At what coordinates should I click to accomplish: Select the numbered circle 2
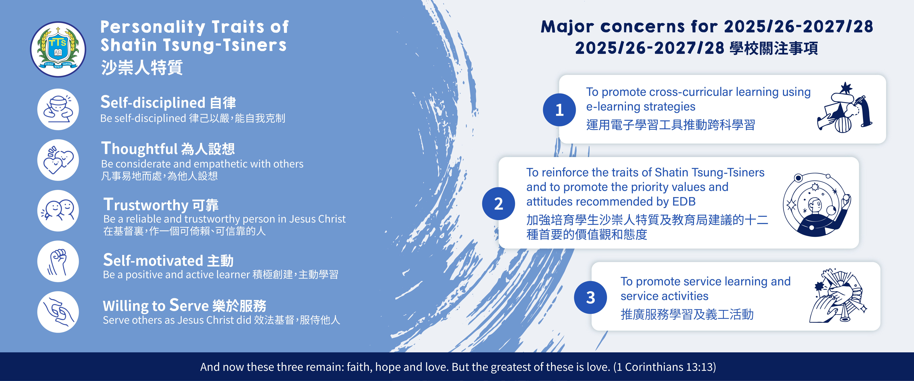tap(499, 204)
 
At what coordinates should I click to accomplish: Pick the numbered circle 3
tap(590, 297)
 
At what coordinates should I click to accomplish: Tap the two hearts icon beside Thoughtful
tap(58, 160)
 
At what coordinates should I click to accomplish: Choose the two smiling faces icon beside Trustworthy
tap(58, 211)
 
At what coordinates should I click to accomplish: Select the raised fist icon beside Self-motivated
tap(58, 262)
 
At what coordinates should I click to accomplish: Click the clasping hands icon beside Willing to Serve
tap(58, 312)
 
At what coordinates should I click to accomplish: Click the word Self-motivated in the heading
tap(153, 260)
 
